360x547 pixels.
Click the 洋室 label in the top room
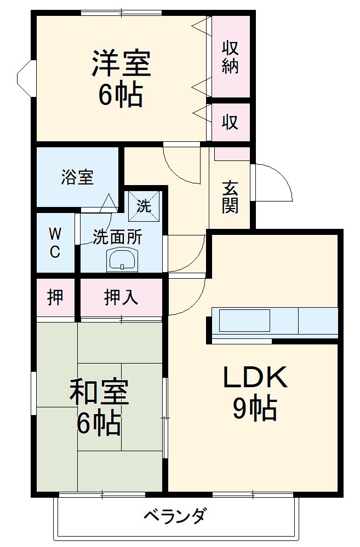click(x=121, y=62)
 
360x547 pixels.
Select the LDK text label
click(x=255, y=377)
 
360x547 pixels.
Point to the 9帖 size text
click(x=254, y=408)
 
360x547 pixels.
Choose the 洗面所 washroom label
click(x=117, y=238)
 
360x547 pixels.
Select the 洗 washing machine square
click(x=144, y=205)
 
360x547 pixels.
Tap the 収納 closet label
click(x=230, y=57)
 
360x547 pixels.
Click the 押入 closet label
click(x=121, y=297)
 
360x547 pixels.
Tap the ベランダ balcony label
click(x=176, y=516)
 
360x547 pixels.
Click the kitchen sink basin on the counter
click(x=244, y=320)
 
